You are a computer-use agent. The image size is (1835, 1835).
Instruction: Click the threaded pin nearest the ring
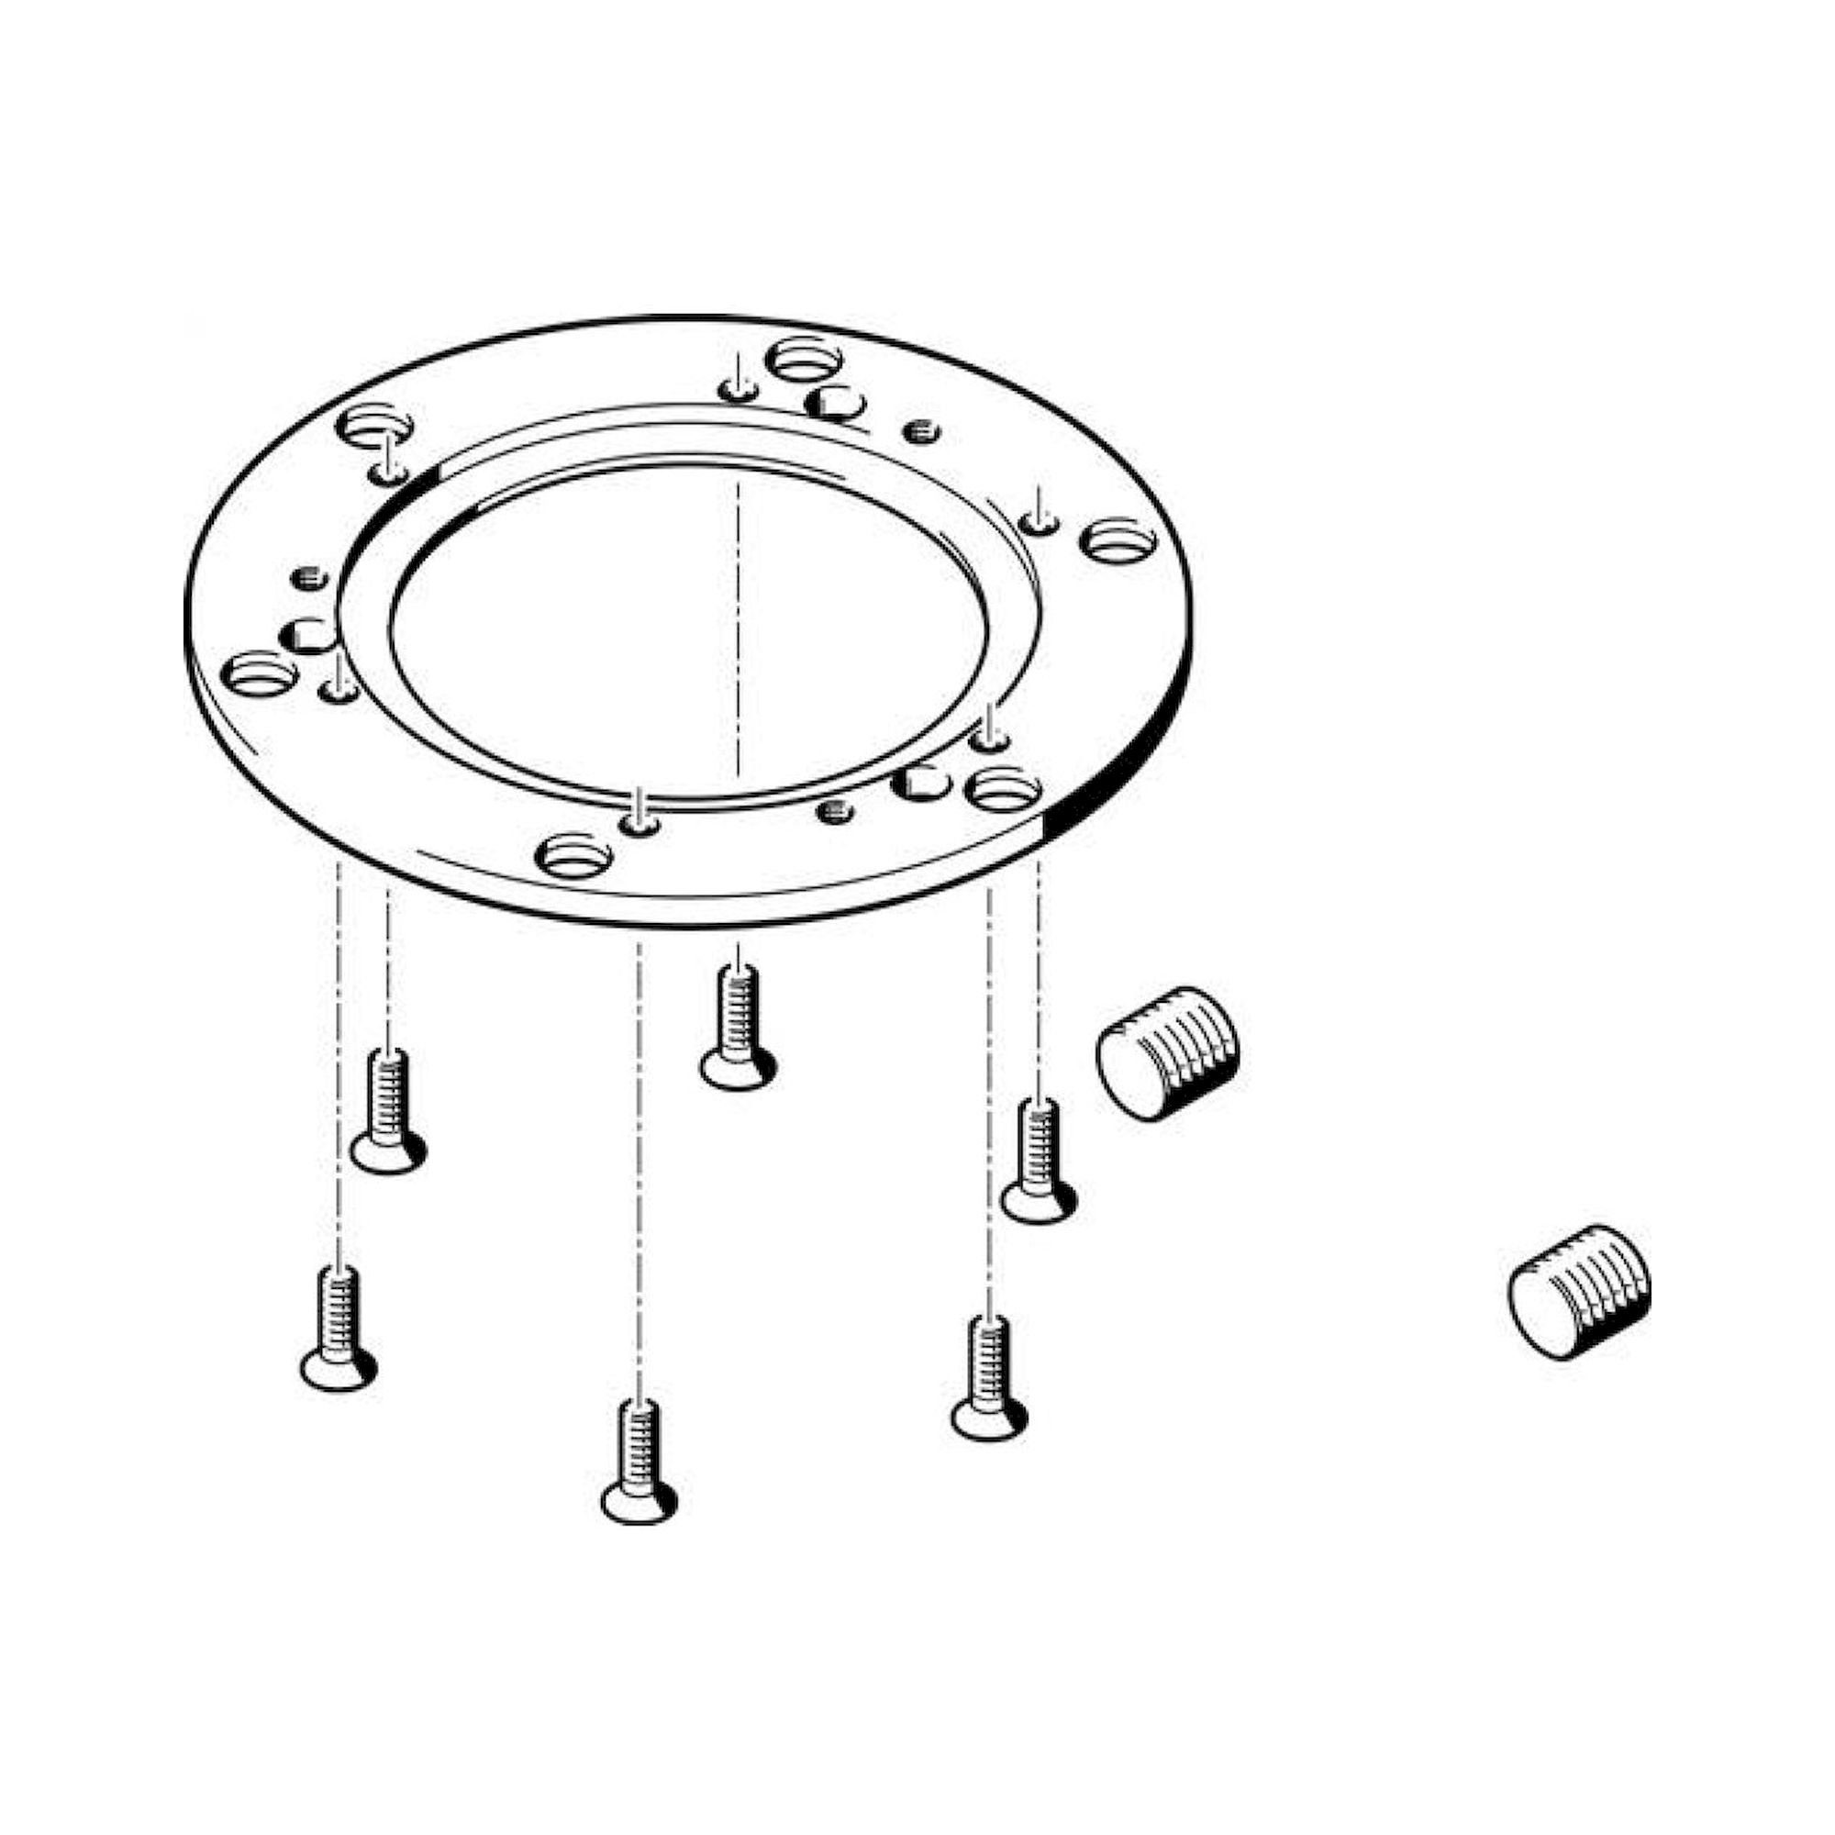coord(1167,1054)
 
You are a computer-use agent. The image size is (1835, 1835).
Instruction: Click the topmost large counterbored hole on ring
coord(804,359)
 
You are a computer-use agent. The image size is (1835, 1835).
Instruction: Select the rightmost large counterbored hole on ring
coord(1118,540)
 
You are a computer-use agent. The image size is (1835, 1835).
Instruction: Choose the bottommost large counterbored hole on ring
coord(573,856)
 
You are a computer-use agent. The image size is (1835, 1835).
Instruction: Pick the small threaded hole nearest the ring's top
coord(920,432)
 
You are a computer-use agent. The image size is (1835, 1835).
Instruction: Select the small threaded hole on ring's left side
coord(309,576)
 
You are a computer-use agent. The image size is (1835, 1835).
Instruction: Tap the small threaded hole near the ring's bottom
coord(835,811)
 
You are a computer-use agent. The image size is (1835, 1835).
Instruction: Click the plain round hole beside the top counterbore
coord(834,404)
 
